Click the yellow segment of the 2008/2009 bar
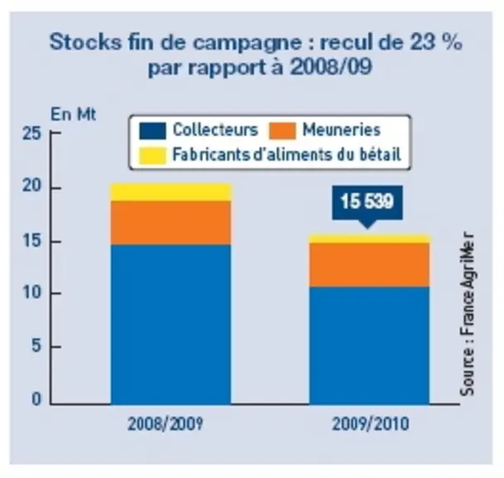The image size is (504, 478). coord(171,193)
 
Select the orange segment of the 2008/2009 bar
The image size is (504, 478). coord(171,223)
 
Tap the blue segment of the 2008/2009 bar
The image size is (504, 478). coord(171,324)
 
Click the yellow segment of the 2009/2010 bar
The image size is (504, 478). coord(370,238)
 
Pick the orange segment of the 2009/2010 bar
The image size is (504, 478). coord(370,265)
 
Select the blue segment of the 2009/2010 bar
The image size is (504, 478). coord(370,345)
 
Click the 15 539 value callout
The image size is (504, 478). coord(367,203)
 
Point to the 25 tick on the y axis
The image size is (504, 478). coord(32,133)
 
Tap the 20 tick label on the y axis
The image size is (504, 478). coord(32,186)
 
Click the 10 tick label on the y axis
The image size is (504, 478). coord(32,292)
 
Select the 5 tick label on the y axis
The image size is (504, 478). coord(36,346)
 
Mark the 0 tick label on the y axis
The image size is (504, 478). coord(36,399)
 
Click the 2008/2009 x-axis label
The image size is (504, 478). coord(166,423)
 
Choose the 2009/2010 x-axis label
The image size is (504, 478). coord(371,423)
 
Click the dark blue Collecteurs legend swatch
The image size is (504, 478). coord(153,131)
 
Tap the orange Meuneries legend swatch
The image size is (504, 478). coord(283,131)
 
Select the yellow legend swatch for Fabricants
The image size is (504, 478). coord(153,155)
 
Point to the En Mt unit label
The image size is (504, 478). coord(73,115)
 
